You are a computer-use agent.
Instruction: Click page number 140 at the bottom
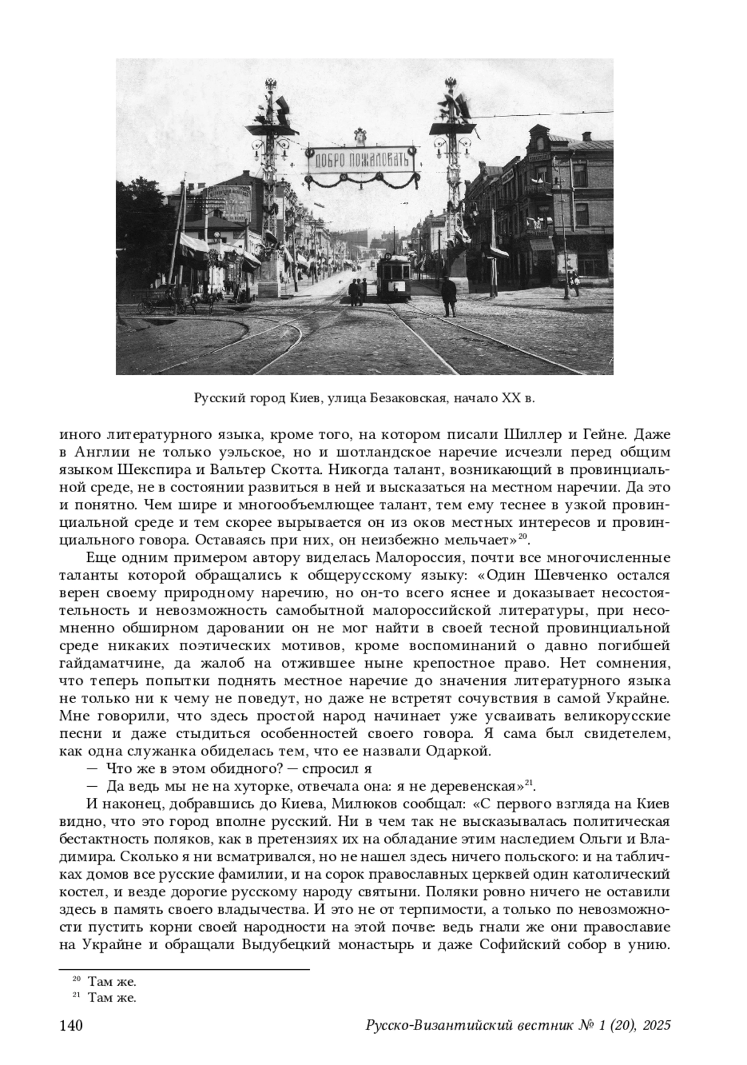70,1026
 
